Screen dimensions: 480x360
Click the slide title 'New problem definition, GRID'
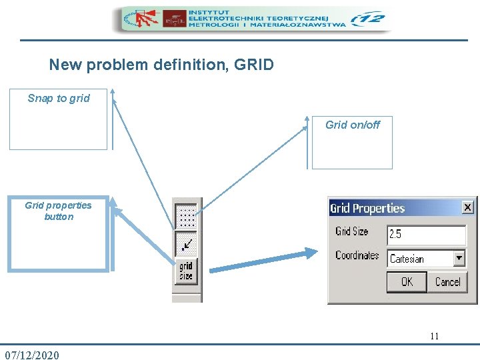161,65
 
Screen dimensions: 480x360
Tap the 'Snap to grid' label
59,99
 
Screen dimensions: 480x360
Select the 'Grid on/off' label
353,125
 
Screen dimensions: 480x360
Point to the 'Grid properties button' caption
59,211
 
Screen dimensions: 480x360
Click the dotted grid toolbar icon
187,217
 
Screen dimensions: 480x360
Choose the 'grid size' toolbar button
186,271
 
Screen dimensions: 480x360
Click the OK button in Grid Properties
407,282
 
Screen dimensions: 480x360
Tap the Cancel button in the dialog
447,282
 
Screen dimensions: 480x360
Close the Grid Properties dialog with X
467,207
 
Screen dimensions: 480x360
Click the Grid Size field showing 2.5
426,235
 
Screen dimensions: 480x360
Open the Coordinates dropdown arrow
459,258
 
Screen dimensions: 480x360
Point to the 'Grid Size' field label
352,232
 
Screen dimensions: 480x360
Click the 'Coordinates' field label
357,255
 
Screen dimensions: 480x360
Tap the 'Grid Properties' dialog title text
367,208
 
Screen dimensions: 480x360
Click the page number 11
434,336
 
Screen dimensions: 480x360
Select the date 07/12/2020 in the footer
32,355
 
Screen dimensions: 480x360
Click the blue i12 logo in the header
368,19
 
